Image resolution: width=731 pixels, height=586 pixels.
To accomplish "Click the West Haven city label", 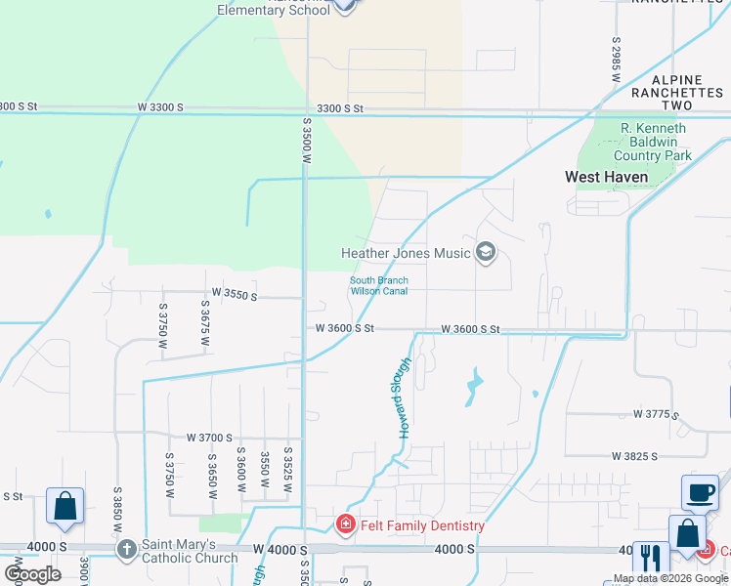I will (607, 178).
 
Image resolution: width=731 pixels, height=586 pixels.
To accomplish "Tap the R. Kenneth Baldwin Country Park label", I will (653, 142).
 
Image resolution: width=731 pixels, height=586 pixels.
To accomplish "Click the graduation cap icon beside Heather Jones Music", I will (486, 254).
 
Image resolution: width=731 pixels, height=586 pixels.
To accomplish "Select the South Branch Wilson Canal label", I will (379, 286).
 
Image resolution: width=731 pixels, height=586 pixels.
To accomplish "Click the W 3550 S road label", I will (235, 294).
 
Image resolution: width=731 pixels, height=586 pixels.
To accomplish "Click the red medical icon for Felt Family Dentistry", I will (345, 525).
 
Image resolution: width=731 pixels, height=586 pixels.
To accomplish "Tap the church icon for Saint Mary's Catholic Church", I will (126, 549).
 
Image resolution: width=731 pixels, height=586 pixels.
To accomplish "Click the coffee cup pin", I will (700, 493).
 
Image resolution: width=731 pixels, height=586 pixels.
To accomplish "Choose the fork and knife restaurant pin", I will (651, 559).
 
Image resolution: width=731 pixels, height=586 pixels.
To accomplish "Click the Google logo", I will (32, 573).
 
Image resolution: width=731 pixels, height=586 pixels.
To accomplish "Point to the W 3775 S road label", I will (656, 414).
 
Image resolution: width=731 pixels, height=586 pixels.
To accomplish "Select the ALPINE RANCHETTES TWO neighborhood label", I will (678, 92).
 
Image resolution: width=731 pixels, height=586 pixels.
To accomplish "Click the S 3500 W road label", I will (306, 143).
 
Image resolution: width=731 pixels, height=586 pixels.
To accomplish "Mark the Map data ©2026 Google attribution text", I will (669, 579).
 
